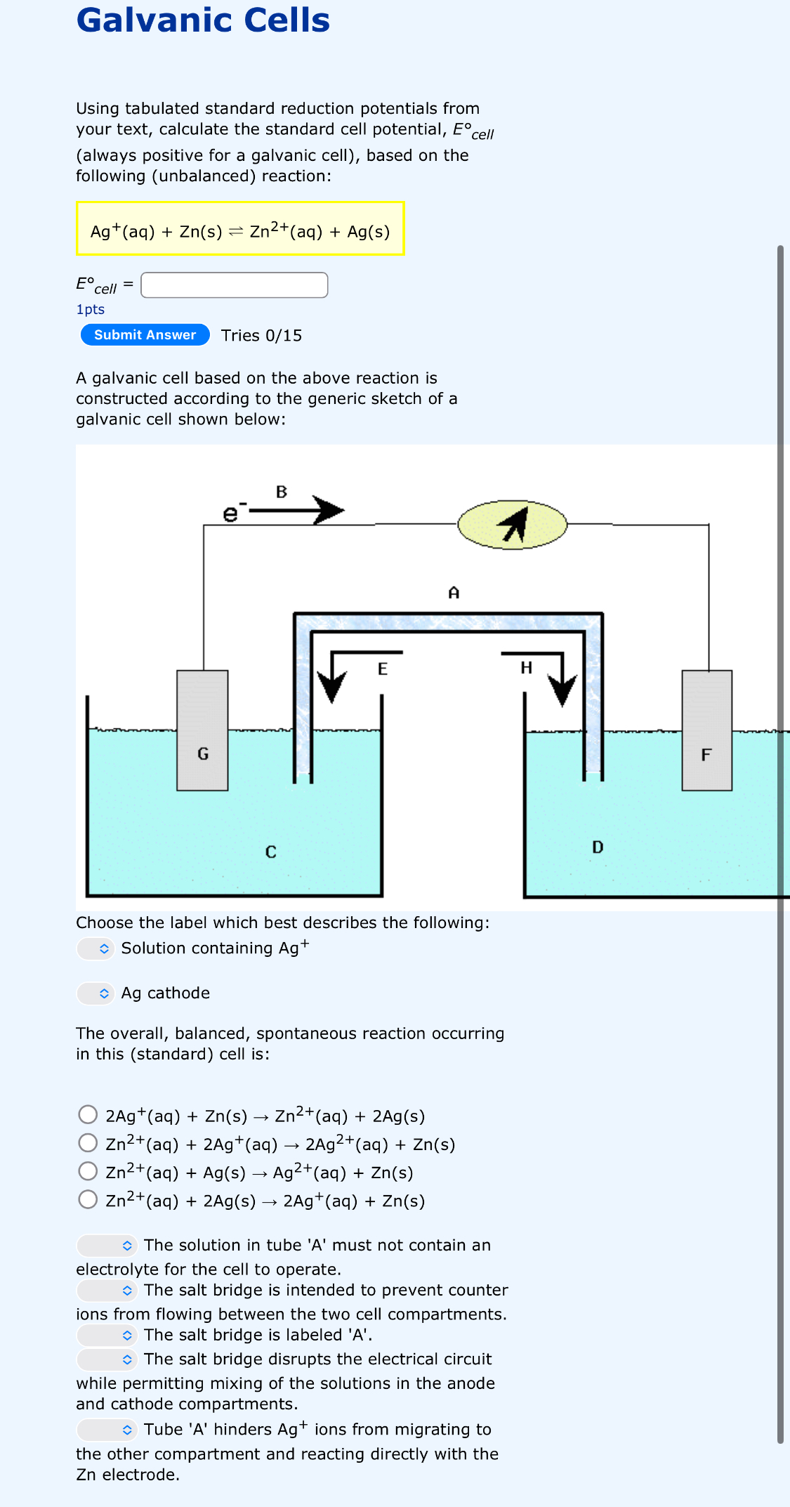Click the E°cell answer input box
coord(234,285)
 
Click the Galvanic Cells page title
coord(203,20)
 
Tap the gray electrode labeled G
coord(202,731)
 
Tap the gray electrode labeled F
coord(706,731)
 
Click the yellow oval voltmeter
coord(512,525)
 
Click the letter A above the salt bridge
coord(454,593)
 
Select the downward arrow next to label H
coord(562,680)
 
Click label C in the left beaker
coord(270,852)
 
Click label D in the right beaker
coord(598,847)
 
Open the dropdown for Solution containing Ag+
coord(96,948)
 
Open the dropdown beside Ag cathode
coord(96,993)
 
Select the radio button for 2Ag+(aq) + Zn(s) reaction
coord(88,1115)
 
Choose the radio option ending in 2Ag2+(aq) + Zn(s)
coord(88,1143)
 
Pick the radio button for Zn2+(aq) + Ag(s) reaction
coord(88,1171)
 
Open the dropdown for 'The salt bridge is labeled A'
coord(107,1335)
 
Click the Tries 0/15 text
coord(261,336)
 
